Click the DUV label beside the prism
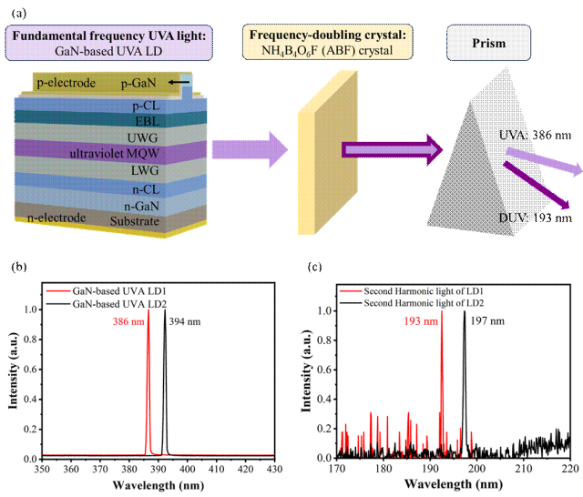[x=510, y=219]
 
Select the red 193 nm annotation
[x=421, y=321]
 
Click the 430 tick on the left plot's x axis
[x=272, y=468]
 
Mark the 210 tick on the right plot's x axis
[x=523, y=468]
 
